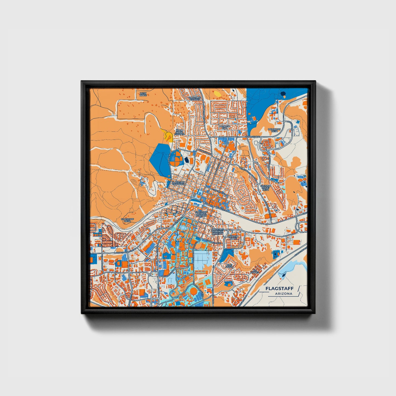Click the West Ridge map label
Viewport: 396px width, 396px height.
pos(143,94)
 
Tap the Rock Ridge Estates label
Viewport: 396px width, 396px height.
pos(179,132)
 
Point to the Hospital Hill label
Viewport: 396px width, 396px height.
pos(225,127)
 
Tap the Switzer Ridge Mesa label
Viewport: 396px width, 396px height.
pos(265,187)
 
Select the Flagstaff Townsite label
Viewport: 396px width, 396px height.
pos(178,183)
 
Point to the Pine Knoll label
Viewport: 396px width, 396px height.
pos(229,266)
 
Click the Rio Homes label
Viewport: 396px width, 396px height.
pos(255,271)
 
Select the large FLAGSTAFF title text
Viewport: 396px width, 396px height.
pos(279,289)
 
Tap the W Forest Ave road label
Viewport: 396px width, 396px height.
pos(253,136)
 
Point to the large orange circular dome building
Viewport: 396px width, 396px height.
pos(193,291)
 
